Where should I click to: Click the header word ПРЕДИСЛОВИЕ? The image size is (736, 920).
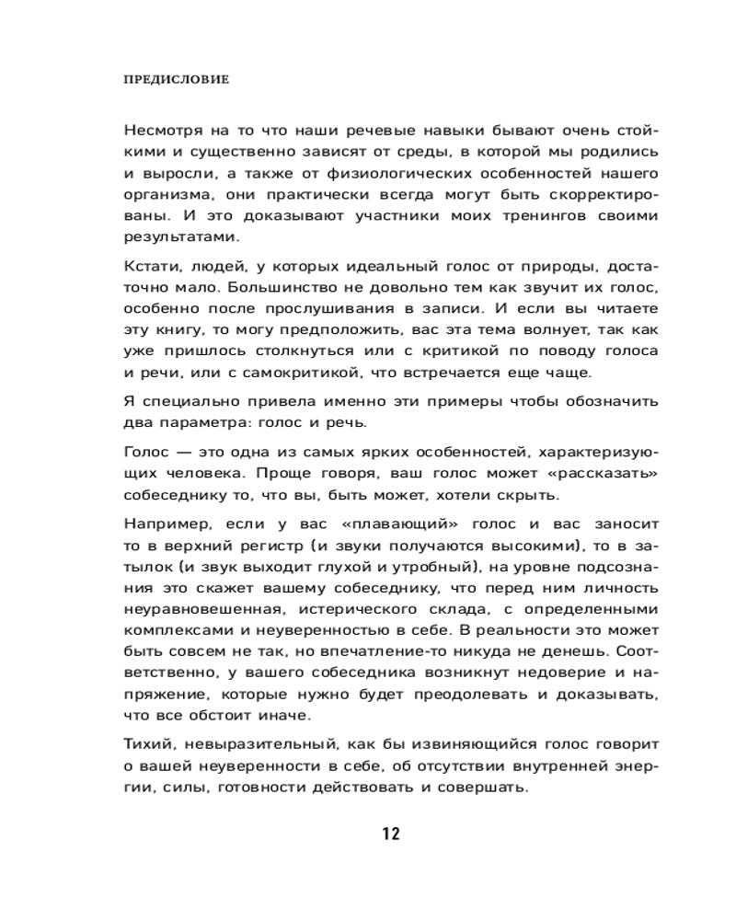pyautogui.click(x=176, y=80)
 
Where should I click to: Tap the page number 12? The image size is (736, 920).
pyautogui.click(x=390, y=834)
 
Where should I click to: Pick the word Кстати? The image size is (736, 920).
pyautogui.click(x=144, y=267)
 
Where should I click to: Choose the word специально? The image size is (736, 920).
pyautogui.click(x=178, y=402)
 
